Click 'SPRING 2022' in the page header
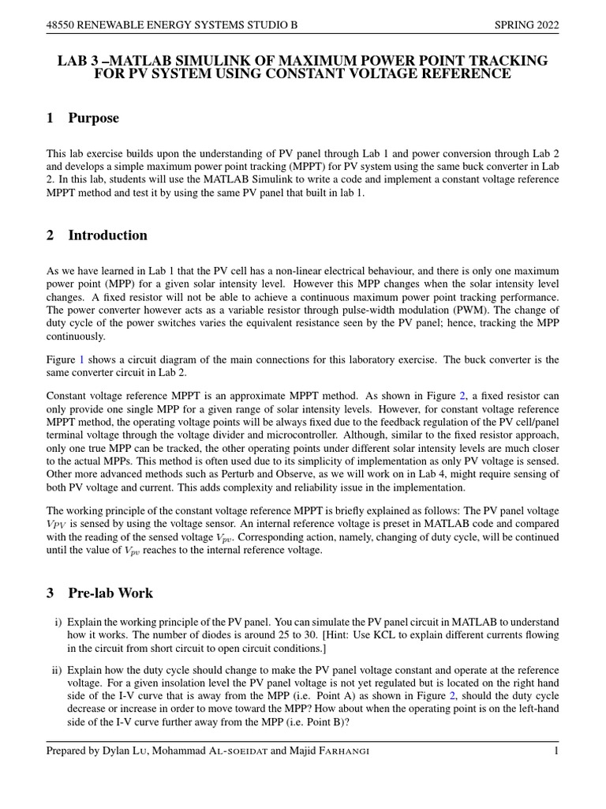pyautogui.click(x=526, y=25)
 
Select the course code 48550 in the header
pyautogui.click(x=62, y=25)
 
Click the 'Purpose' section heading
pyautogui.click(x=93, y=119)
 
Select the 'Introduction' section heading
pyautogui.click(x=107, y=235)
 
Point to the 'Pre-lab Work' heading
pyautogui.click(x=110, y=593)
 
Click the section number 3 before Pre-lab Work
pyautogui.click(x=50, y=593)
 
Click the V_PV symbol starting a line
pyautogui.click(x=57, y=524)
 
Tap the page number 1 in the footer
pyautogui.click(x=555, y=751)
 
